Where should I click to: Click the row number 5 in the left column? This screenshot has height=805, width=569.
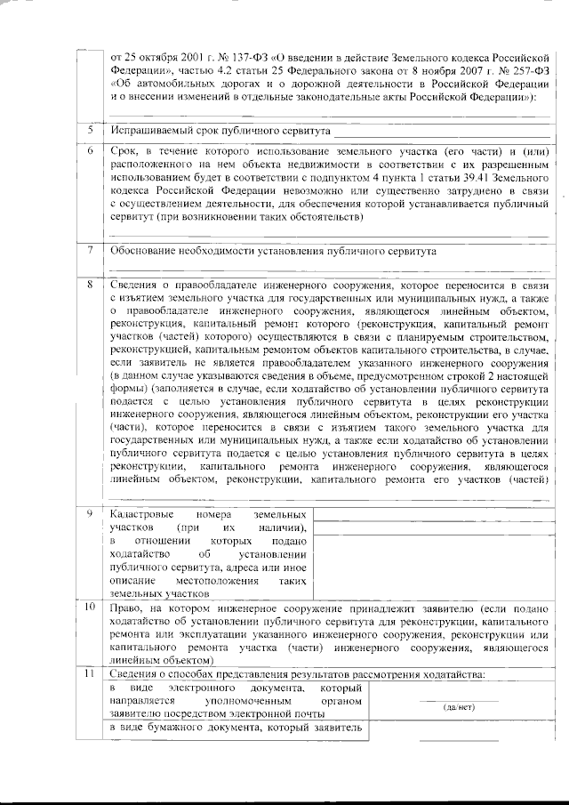tap(91, 131)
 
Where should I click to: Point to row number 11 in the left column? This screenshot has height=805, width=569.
tap(91, 673)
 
